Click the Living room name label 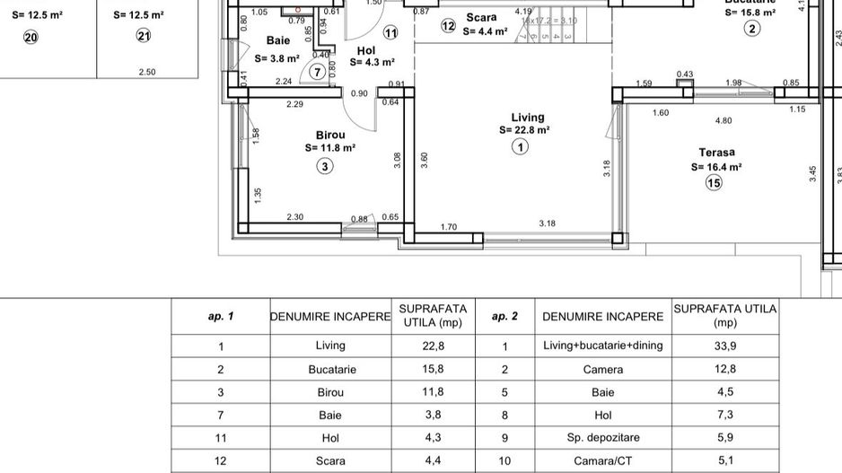click(x=528, y=118)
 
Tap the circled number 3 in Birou click(x=324, y=166)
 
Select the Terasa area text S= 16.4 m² click(x=716, y=167)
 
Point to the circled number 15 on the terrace click(x=714, y=184)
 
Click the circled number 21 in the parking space click(x=144, y=36)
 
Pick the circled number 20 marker click(x=31, y=37)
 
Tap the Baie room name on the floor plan click(x=278, y=41)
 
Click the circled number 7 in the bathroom click(x=317, y=72)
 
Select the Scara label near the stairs click(x=481, y=17)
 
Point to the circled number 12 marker click(x=449, y=26)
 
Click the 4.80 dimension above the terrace click(x=723, y=120)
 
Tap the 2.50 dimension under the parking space click(x=147, y=72)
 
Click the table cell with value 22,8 click(x=434, y=346)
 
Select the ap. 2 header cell click(x=505, y=317)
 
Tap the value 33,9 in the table click(x=724, y=346)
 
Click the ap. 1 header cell click(x=221, y=317)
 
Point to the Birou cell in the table click(x=330, y=392)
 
